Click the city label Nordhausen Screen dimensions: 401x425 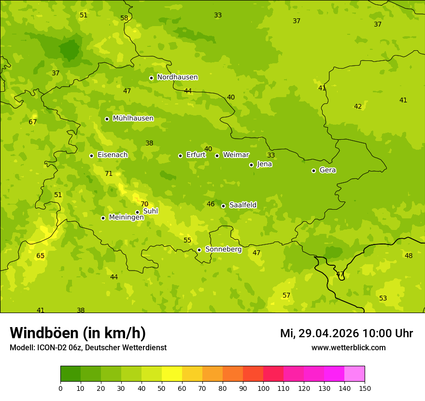pyautogui.click(x=177, y=77)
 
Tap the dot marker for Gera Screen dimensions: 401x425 pyautogui.click(x=313, y=171)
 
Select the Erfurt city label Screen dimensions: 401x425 pyautogui.click(x=196, y=155)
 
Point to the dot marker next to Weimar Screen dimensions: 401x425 pyautogui.click(x=217, y=156)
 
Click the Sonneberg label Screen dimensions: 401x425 pyautogui.click(x=223, y=249)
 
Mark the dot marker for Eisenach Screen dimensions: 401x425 pyautogui.click(x=91, y=156)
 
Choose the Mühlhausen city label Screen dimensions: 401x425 pyautogui.click(x=133, y=118)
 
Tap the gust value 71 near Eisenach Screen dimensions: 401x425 pyautogui.click(x=109, y=174)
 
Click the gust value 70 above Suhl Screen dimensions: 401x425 pyautogui.click(x=144, y=204)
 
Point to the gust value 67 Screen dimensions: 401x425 pyautogui.click(x=33, y=122)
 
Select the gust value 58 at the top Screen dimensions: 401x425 pyautogui.click(x=125, y=18)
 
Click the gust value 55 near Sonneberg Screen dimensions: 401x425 pyautogui.click(x=187, y=241)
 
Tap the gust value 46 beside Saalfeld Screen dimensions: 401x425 pyautogui.click(x=211, y=204)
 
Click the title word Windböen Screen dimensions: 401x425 pyautogui.click(x=44, y=333)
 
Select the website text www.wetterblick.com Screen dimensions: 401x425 pyautogui.click(x=348, y=348)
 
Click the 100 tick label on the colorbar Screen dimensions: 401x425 pyautogui.click(x=263, y=388)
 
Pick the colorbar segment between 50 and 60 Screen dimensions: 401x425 pyautogui.click(x=172, y=374)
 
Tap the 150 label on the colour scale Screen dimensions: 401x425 pyautogui.click(x=365, y=388)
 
